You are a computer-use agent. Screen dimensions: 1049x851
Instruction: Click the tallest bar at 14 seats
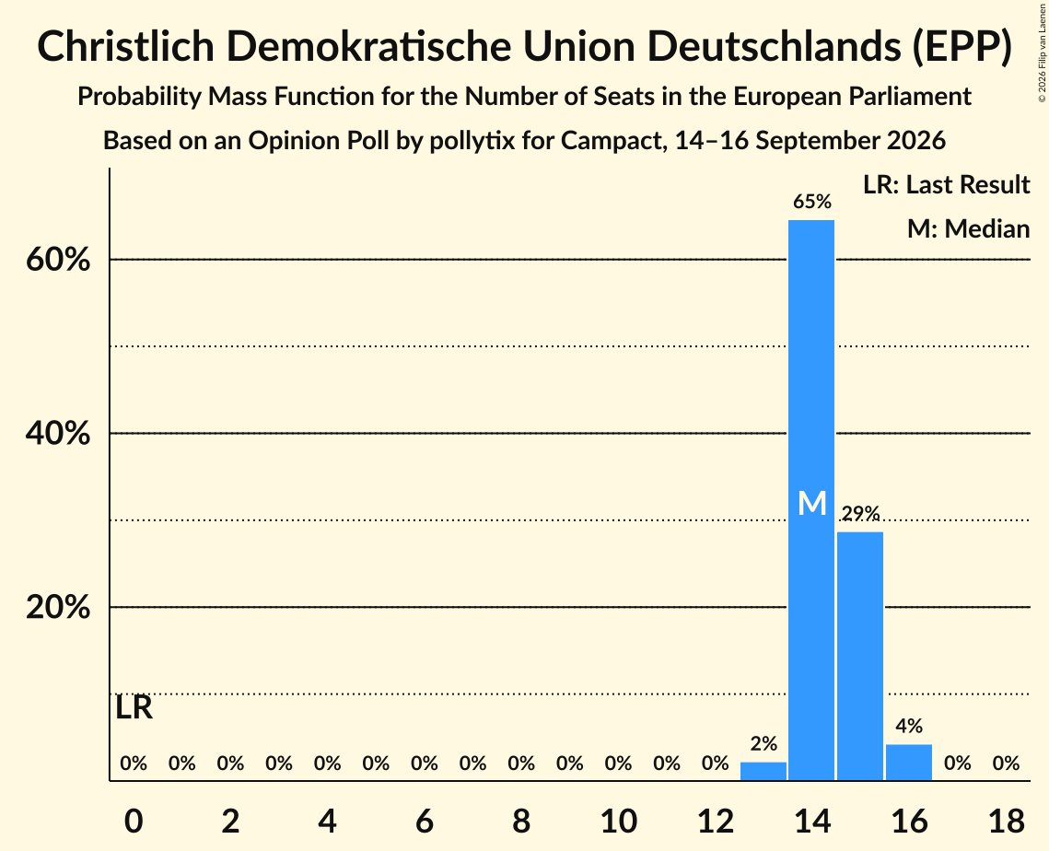pos(811,500)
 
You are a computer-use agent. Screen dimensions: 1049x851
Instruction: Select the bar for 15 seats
pos(860,657)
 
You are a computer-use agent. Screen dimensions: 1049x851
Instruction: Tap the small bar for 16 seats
pos(908,763)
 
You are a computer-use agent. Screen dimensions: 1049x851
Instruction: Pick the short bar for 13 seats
pos(763,772)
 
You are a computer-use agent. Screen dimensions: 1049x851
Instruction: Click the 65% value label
pos(812,202)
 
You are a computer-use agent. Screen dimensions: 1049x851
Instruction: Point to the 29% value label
pos(860,513)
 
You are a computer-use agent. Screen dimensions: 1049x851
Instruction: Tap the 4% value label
pos(909,726)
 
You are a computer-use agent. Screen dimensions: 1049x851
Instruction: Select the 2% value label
pos(763,743)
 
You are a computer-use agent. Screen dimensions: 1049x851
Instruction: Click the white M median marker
pos(812,503)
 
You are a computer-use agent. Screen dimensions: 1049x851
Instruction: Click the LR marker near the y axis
pos(134,708)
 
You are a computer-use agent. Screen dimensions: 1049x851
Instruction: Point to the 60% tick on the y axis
pos(57,260)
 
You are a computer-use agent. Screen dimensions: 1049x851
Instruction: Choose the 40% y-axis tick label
pos(57,434)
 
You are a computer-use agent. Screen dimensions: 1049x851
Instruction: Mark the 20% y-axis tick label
pos(57,608)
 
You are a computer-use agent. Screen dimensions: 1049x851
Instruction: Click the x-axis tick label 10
pos(618,821)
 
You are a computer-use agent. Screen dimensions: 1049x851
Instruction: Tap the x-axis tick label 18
pos(1007,821)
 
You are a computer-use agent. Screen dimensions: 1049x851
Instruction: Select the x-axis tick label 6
pos(425,821)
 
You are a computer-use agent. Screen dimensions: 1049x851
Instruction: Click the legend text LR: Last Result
pos(946,184)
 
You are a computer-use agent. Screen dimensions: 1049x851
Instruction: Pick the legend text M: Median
pos(968,228)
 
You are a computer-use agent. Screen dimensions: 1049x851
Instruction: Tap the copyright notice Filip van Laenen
pos(1043,52)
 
